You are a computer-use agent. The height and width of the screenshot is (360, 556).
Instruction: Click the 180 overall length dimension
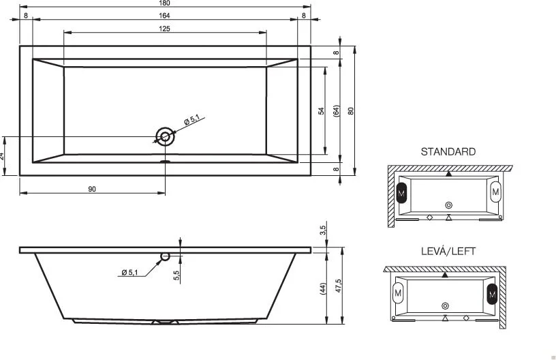click(165, 4)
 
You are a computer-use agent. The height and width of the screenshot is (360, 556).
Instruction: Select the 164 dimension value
click(165, 16)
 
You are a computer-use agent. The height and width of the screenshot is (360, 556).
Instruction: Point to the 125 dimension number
click(165, 29)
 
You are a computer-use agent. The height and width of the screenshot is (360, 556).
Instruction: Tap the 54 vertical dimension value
click(321, 110)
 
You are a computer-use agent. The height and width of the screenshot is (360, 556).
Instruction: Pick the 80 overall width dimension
click(350, 110)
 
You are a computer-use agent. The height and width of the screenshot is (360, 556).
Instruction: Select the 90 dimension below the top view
click(92, 188)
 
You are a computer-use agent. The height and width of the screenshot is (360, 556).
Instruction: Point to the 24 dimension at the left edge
click(3, 156)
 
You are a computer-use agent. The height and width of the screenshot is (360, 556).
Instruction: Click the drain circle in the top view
click(164, 136)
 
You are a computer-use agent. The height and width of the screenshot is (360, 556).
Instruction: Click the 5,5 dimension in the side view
click(176, 274)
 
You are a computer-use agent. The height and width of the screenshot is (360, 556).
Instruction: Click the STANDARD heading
click(448, 151)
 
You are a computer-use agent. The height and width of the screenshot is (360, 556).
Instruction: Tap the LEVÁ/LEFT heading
click(448, 252)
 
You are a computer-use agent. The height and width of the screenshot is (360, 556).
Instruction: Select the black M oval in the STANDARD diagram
click(401, 193)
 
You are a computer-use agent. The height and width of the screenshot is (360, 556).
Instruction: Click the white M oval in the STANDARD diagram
click(495, 192)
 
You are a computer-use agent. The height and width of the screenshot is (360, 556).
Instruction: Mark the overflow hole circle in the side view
click(164, 256)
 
